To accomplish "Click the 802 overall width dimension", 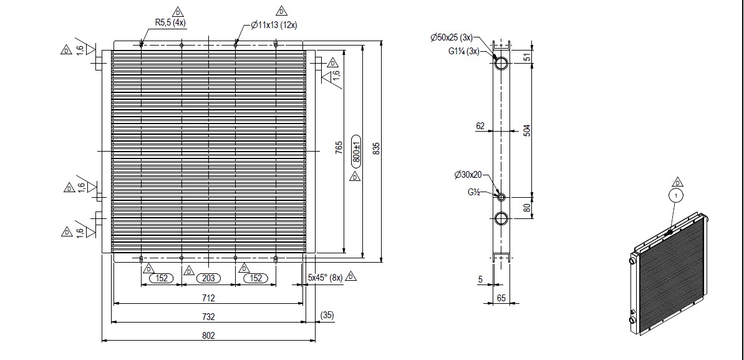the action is pyautogui.click(x=208, y=335).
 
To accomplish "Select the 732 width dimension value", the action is pyautogui.click(x=208, y=317).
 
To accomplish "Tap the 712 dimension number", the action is pyautogui.click(x=208, y=298).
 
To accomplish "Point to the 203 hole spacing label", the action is pyautogui.click(x=208, y=278).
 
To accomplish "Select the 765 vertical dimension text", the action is pyautogui.click(x=339, y=148).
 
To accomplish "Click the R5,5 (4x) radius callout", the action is pyautogui.click(x=170, y=22).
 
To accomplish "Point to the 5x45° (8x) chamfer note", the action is pyautogui.click(x=325, y=278).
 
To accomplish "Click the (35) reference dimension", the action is pyautogui.click(x=327, y=315).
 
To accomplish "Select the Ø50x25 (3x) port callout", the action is pyautogui.click(x=452, y=37).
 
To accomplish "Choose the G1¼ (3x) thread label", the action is pyautogui.click(x=463, y=51).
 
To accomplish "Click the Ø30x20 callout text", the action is pyautogui.click(x=468, y=175).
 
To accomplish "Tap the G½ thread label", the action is pyautogui.click(x=474, y=192).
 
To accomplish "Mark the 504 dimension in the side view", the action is pyautogui.click(x=527, y=130).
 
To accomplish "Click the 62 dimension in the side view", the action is pyautogui.click(x=480, y=126).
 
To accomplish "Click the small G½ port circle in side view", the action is pyautogui.click(x=501, y=197).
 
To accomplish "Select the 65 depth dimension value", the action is pyautogui.click(x=501, y=298).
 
